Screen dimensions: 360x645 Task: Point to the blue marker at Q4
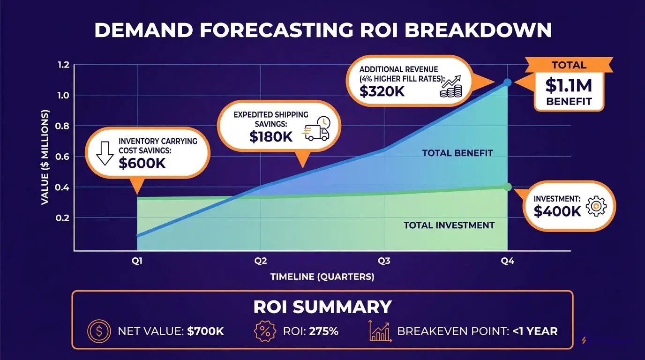[x=508, y=82]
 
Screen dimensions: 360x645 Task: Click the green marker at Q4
[x=508, y=187]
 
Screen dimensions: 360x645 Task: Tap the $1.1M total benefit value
[x=569, y=85]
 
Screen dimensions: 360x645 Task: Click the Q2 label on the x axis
[x=261, y=262]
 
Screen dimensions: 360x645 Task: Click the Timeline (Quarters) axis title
[x=322, y=277]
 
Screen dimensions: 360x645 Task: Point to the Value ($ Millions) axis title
[x=45, y=157]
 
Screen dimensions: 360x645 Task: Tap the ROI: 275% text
[x=310, y=331]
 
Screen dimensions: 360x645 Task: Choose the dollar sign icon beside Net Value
[x=98, y=331]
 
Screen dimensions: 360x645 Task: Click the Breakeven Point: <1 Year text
[x=477, y=331]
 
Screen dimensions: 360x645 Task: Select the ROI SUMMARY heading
[x=322, y=307]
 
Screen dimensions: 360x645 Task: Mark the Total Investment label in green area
[x=449, y=225]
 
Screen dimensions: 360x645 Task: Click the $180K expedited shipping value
[x=271, y=136]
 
